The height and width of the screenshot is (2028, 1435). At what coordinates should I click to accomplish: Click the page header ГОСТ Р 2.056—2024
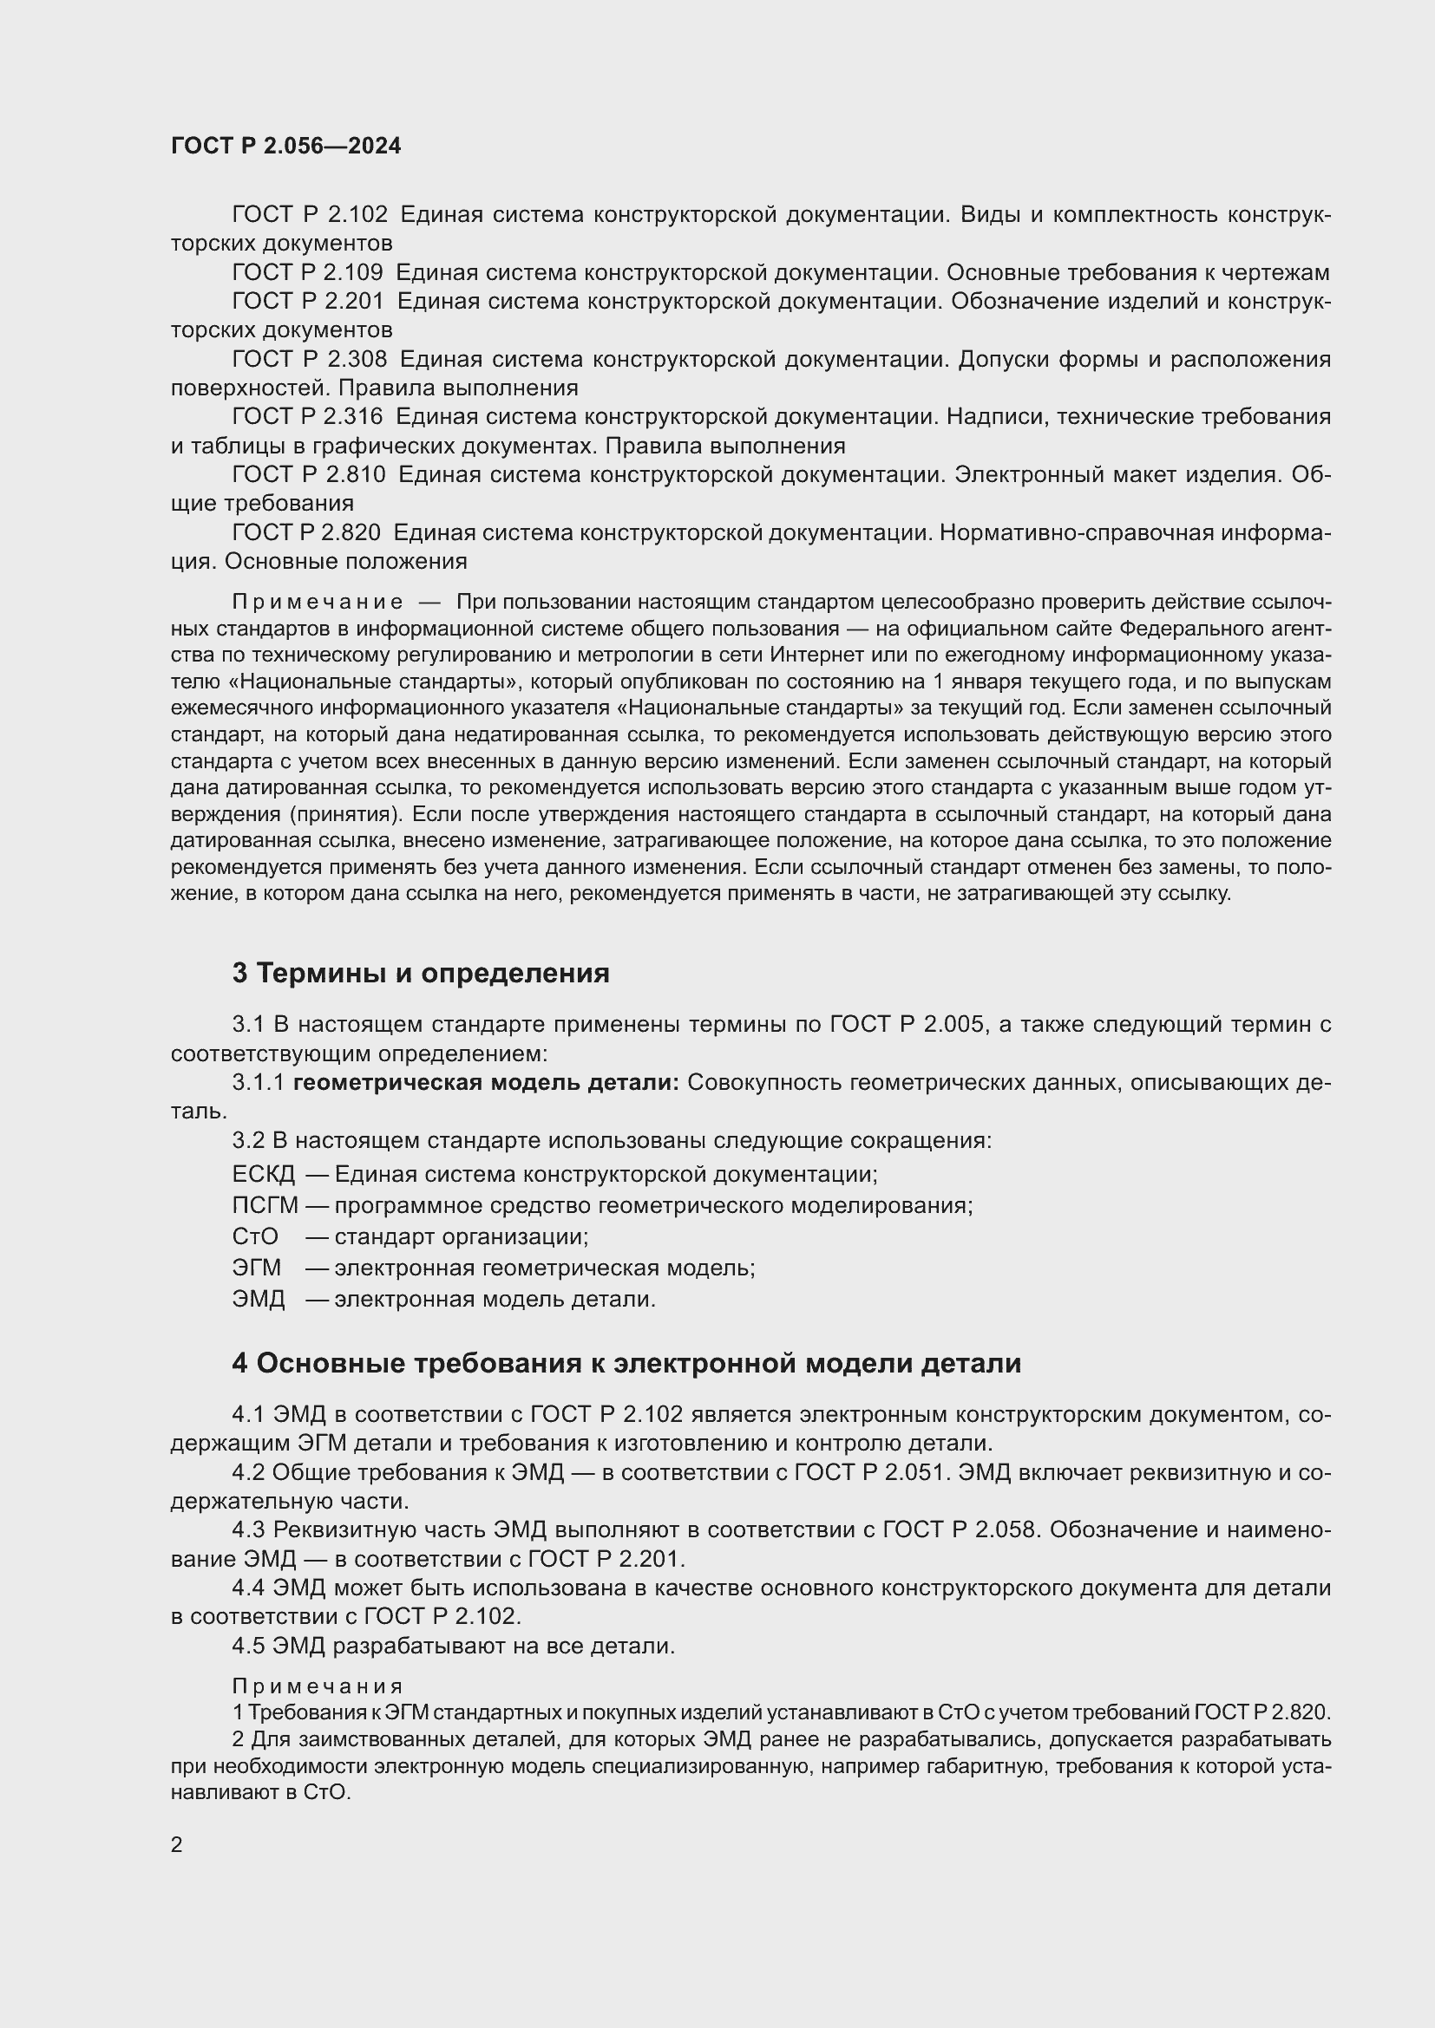[285, 146]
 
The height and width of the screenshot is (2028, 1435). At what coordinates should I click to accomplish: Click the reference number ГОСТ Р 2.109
[306, 272]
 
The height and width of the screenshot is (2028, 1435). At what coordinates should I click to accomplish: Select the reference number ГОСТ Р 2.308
[308, 359]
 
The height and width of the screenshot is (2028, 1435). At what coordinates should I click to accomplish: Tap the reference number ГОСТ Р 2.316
[306, 416]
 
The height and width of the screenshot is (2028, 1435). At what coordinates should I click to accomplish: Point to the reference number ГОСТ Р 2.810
[307, 474]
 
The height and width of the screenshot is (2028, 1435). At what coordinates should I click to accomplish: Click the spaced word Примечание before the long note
[318, 603]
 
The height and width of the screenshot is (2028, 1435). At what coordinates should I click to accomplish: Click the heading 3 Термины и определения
[421, 973]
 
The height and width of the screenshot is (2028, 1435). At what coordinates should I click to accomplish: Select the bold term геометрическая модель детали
[485, 1082]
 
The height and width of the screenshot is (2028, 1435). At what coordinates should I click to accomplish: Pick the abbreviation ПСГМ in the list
[265, 1205]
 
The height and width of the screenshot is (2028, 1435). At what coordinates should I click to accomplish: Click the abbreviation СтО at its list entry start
[254, 1236]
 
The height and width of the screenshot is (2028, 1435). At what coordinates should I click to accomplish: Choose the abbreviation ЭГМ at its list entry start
[256, 1268]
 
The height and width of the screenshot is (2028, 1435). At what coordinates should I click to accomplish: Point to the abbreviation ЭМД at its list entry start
[258, 1299]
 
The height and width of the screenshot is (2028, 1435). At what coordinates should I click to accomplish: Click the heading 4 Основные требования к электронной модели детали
[626, 1363]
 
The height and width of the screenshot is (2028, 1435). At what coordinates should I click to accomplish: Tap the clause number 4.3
[248, 1529]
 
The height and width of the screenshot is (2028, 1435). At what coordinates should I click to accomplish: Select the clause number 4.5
[248, 1646]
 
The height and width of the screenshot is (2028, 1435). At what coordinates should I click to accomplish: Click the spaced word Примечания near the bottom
[318, 1686]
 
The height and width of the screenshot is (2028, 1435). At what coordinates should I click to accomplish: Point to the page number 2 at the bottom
[177, 1844]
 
